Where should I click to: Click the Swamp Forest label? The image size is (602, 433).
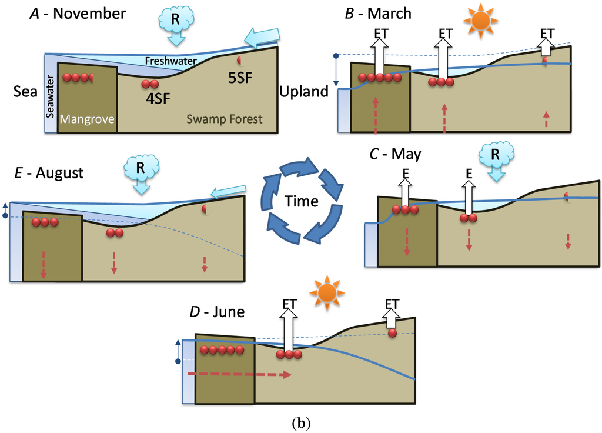[x=224, y=119]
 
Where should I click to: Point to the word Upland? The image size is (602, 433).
[x=304, y=92]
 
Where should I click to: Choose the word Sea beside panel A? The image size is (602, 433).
[x=25, y=92]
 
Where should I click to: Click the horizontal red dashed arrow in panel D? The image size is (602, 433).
[x=239, y=374]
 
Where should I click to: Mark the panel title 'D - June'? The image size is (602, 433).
[x=215, y=311]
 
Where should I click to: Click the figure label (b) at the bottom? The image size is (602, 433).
[x=301, y=422]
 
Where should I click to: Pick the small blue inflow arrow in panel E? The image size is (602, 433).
[x=228, y=191]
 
